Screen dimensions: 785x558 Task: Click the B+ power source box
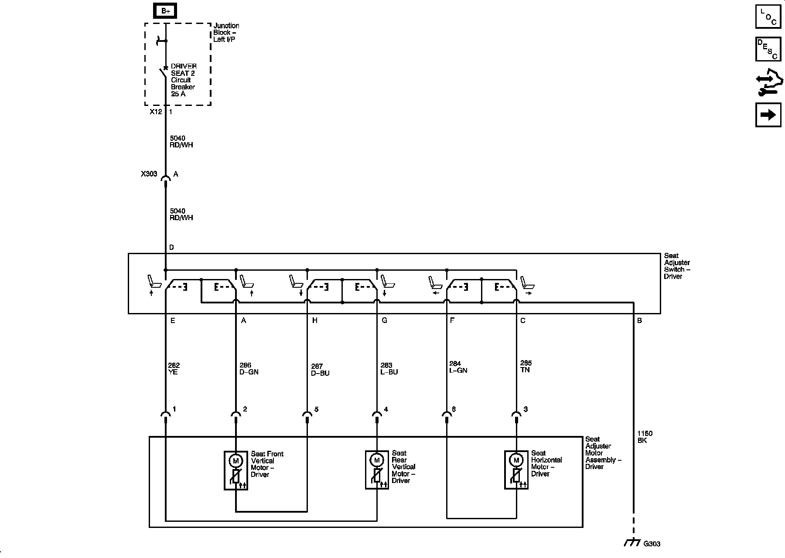[x=166, y=11]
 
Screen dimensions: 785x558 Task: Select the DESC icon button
[x=768, y=49]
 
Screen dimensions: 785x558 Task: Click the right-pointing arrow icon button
[x=768, y=115]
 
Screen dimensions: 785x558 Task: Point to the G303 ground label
[x=652, y=544]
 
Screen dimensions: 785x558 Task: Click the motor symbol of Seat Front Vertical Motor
[x=236, y=460]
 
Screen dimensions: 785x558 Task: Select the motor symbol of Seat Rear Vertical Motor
[x=377, y=460]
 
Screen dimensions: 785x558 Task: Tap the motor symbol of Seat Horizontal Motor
[x=516, y=460]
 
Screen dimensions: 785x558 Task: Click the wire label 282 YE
[x=174, y=369]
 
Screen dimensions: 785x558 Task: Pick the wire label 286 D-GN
[x=249, y=369]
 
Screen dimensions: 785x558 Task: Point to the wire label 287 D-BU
[x=320, y=370]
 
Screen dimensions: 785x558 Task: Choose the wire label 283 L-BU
[x=389, y=369]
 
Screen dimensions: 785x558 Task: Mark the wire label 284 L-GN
[x=458, y=367]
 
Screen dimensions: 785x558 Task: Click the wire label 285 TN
[x=526, y=366]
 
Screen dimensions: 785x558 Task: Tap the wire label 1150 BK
[x=645, y=437]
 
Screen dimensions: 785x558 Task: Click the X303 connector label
[x=149, y=174]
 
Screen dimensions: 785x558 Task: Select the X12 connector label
[x=156, y=112]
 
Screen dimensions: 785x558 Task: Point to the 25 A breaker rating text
[x=178, y=94]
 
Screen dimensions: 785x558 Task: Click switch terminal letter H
[x=315, y=320]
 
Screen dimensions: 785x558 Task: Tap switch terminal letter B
[x=640, y=320]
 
